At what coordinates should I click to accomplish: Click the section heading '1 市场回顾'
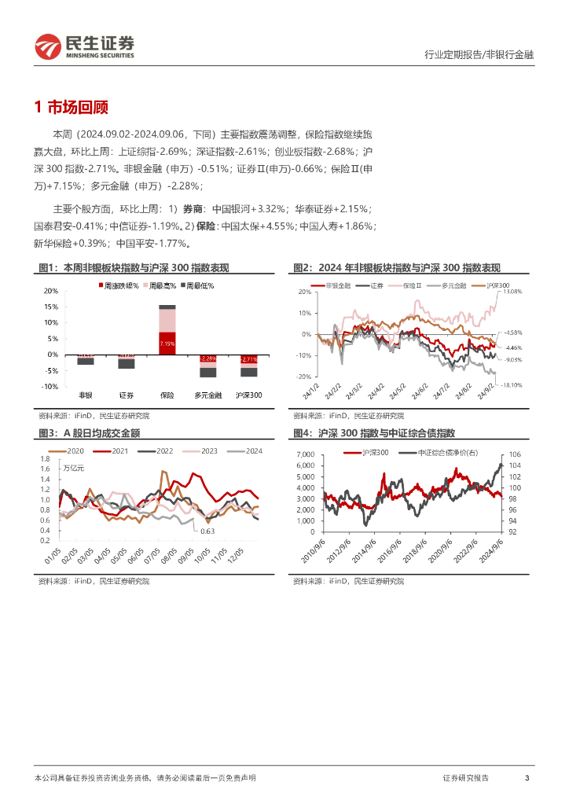click(x=72, y=108)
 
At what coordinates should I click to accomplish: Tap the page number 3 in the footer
click(x=527, y=777)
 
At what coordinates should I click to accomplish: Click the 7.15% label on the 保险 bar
click(x=167, y=344)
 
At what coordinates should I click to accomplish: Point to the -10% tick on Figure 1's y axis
click(x=50, y=387)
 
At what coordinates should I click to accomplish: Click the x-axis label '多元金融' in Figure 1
click(x=207, y=395)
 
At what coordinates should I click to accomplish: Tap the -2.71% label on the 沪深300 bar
click(x=248, y=358)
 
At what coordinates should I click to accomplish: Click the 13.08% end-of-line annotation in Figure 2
click(x=512, y=292)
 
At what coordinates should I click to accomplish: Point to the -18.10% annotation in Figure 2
click(x=512, y=385)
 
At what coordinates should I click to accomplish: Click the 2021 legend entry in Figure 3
click(x=115, y=450)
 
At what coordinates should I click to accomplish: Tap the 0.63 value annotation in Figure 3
click(x=207, y=531)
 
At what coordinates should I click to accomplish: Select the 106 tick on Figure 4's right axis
click(x=515, y=455)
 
